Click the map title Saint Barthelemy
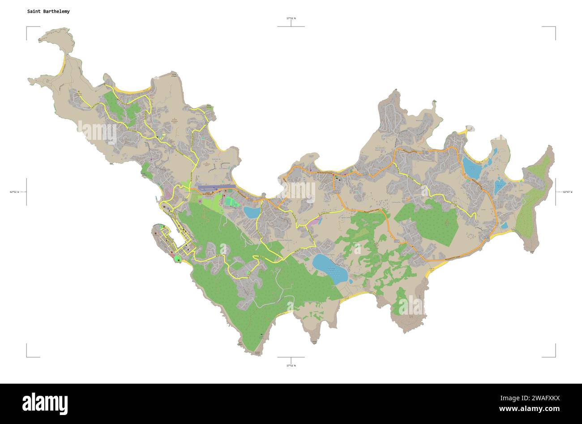coord(48,11)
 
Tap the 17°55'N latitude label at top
coord(291,18)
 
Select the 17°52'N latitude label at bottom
coord(291,365)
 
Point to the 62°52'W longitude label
coord(15,192)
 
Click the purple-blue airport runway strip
coord(215,186)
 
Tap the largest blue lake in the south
coord(330,268)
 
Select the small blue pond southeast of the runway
coord(251,212)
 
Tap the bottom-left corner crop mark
coord(27,356)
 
